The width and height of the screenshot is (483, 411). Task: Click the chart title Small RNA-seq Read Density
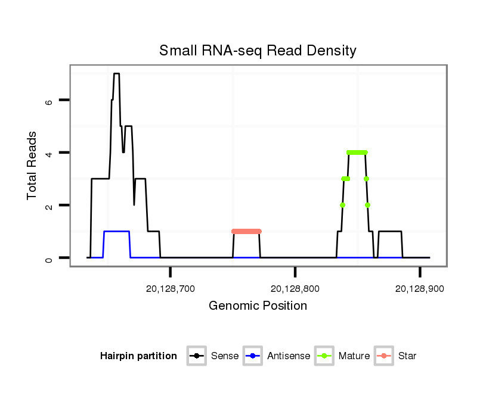(x=258, y=51)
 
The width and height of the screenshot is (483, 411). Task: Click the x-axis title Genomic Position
(x=258, y=306)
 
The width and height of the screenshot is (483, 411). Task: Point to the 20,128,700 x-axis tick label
(x=171, y=289)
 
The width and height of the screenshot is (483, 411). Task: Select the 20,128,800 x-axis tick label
(x=295, y=289)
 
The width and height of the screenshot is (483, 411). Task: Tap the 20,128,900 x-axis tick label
(x=420, y=289)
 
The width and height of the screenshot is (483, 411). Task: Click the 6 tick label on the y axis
(x=49, y=101)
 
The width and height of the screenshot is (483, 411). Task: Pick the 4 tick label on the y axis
(x=49, y=153)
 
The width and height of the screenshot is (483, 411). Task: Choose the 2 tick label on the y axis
(x=49, y=205)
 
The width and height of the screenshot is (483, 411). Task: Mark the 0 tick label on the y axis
(x=49, y=258)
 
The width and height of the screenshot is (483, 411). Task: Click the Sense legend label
(x=225, y=356)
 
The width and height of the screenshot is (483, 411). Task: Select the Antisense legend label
(x=289, y=356)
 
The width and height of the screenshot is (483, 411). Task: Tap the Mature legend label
(x=354, y=356)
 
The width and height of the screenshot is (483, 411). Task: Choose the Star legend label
(x=407, y=356)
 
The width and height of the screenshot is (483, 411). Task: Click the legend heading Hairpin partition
(x=139, y=356)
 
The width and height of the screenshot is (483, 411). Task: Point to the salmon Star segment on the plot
(x=246, y=231)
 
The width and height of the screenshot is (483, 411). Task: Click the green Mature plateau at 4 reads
(x=357, y=152)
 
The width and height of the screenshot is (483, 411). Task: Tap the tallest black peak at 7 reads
(x=116, y=74)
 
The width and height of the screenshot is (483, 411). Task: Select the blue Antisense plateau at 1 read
(x=117, y=231)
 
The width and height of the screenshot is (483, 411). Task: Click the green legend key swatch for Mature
(x=325, y=356)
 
